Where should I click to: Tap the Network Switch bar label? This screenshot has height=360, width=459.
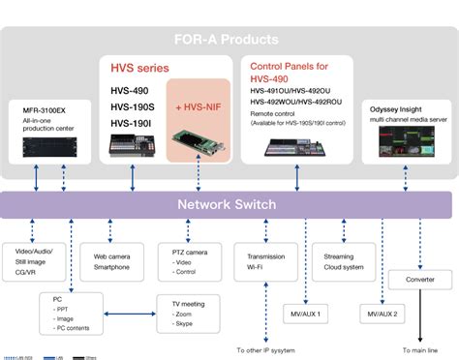(228, 204)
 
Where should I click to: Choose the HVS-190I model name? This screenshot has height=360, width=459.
(130, 123)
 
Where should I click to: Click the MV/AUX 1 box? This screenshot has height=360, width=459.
(305, 315)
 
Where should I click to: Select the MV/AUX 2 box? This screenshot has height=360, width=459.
(382, 315)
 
